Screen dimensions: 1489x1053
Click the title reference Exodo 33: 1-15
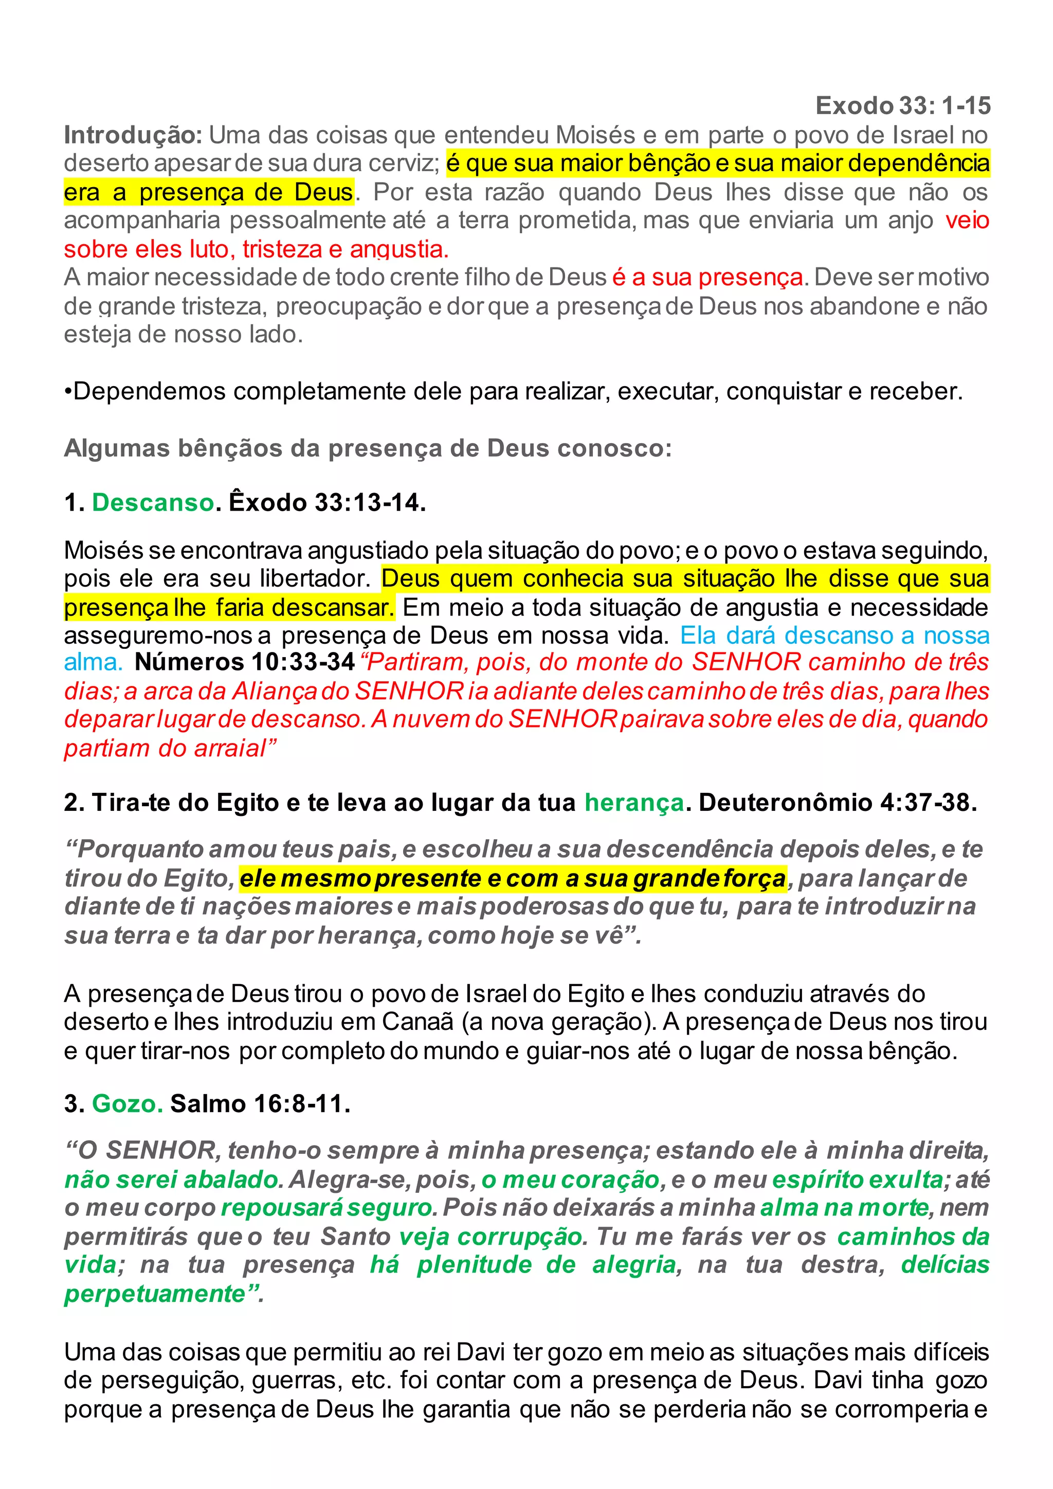point(902,106)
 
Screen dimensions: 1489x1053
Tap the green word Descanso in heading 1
point(153,503)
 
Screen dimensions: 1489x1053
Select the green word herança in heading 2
point(634,803)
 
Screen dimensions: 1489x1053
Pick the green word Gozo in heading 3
point(127,1103)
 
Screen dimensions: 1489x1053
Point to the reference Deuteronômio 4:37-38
point(837,803)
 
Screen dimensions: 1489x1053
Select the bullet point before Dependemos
point(68,392)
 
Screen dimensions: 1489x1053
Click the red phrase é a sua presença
point(707,278)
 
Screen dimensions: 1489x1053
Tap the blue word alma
point(93,662)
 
